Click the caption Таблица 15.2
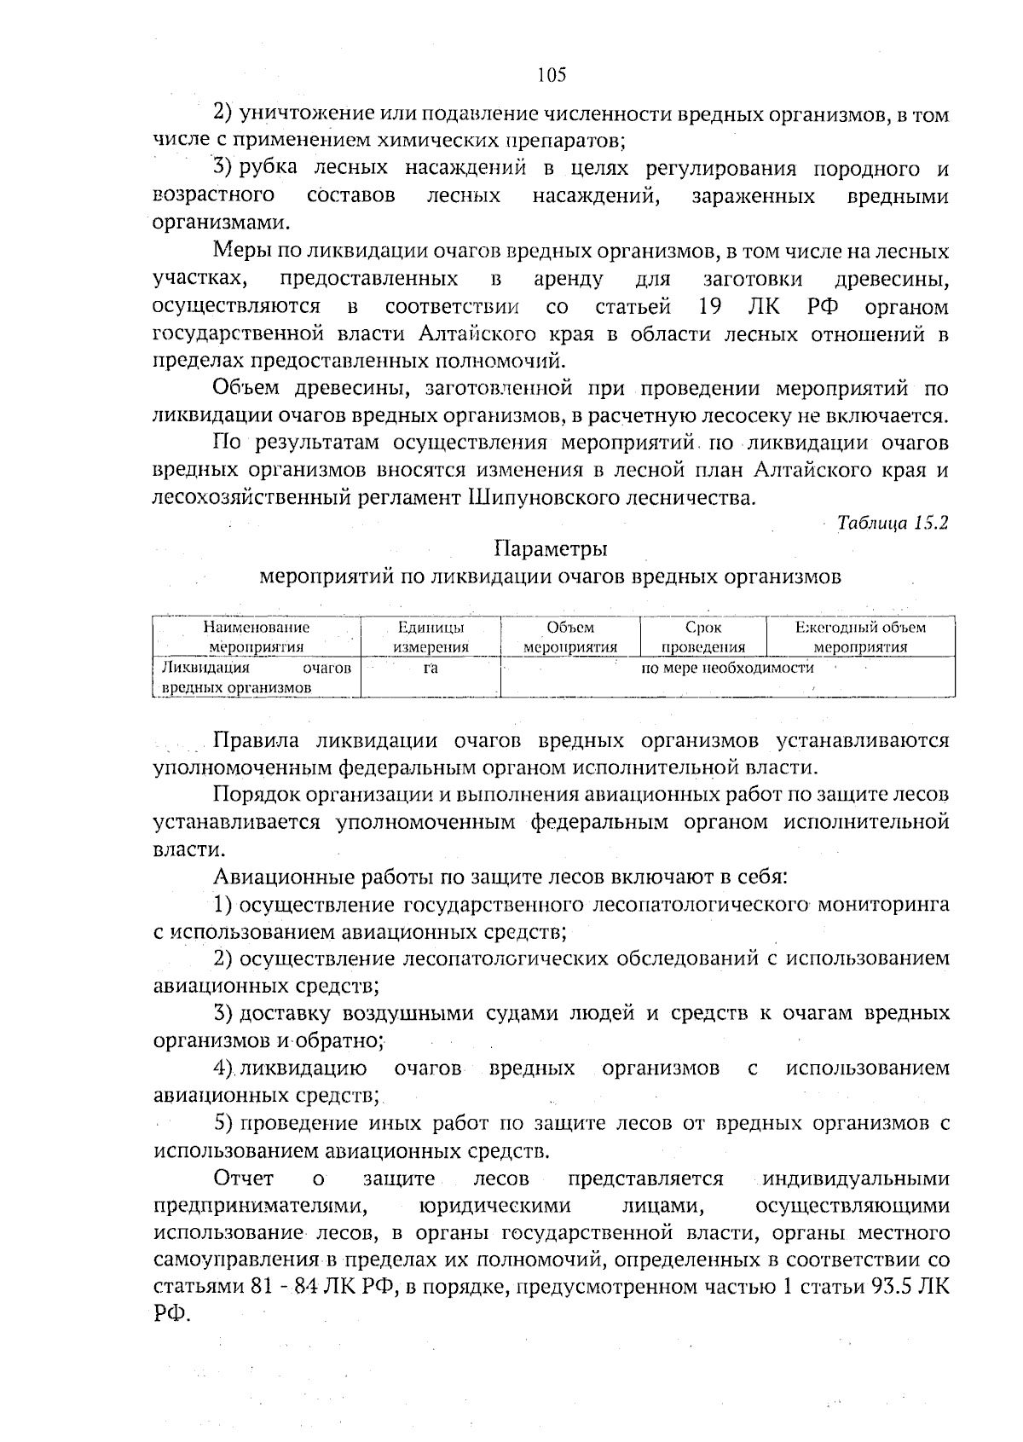[x=893, y=523]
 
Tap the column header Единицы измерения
[x=431, y=637]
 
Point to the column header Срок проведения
[x=702, y=637]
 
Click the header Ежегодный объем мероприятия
[x=860, y=637]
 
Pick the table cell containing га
[x=431, y=669]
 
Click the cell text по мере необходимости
[x=727, y=668]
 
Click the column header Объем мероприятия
[x=569, y=637]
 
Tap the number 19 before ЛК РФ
[x=712, y=305]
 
